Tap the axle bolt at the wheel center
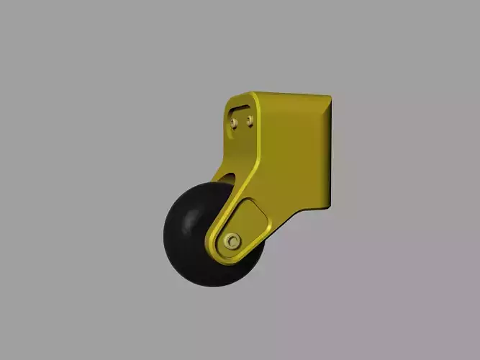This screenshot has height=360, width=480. tap(232, 240)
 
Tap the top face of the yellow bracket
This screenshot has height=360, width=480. tap(288, 95)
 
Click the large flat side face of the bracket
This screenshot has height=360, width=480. tap(291, 155)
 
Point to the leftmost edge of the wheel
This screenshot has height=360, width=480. tap(164, 234)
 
